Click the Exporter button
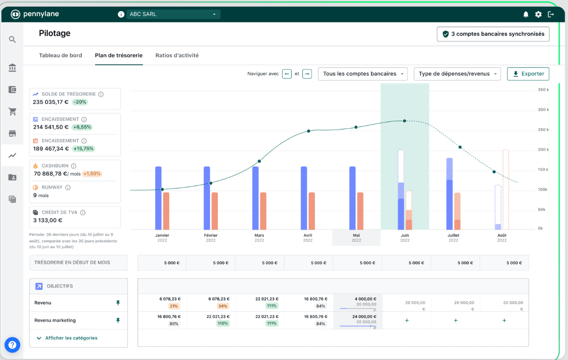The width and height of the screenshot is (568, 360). point(528,74)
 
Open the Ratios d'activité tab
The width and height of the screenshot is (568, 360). point(177,55)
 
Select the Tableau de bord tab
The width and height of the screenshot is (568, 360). point(60,55)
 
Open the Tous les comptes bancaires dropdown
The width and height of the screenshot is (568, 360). point(363,74)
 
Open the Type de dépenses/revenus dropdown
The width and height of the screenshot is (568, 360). point(457,74)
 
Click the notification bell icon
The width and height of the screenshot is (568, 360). point(526,14)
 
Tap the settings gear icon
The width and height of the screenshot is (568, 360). point(539,14)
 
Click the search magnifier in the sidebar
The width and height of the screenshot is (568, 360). point(13,39)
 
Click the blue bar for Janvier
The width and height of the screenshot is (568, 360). point(158,197)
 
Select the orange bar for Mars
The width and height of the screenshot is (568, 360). point(263,210)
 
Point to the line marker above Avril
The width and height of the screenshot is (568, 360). point(308,131)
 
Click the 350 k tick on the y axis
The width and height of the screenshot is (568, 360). point(543,90)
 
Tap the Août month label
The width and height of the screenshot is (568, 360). point(502,235)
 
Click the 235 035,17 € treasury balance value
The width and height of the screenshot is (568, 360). point(50,102)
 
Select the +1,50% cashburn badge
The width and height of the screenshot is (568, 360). point(92,174)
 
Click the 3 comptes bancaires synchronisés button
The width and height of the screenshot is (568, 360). point(493,34)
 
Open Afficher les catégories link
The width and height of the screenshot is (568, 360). point(71,338)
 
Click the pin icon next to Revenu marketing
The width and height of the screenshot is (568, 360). point(118,320)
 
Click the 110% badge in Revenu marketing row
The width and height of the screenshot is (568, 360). point(223,323)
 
